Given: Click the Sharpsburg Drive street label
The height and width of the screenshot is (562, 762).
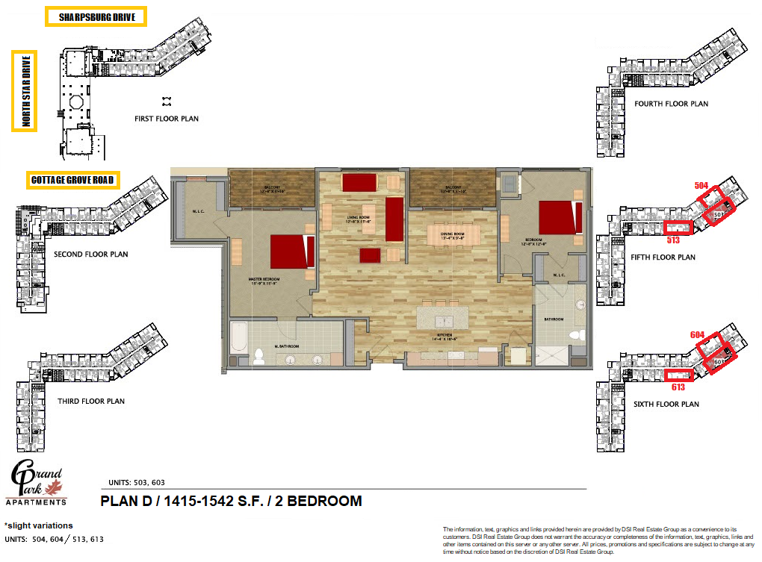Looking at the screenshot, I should [x=96, y=17].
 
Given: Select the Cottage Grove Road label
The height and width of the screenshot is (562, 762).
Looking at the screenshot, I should [x=73, y=180].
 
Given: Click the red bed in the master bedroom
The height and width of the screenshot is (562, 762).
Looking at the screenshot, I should [x=290, y=252].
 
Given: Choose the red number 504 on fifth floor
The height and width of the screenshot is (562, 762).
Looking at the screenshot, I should [x=701, y=184].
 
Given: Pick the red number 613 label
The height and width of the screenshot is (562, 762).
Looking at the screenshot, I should [x=678, y=388].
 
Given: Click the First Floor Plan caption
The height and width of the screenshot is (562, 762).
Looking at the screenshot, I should [x=167, y=119].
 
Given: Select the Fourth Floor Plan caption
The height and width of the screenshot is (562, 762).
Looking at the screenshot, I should [x=671, y=104].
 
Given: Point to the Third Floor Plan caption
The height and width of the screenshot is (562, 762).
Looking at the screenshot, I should [x=91, y=401].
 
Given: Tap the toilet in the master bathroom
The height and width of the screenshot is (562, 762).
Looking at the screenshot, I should [x=259, y=355].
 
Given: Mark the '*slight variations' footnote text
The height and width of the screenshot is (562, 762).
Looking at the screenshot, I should [x=39, y=525].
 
